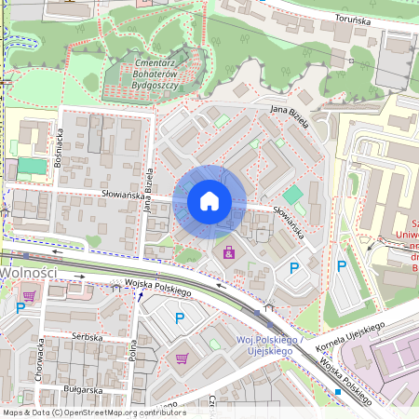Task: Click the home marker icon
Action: (209, 200)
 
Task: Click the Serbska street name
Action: (87, 336)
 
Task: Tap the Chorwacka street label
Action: (40, 358)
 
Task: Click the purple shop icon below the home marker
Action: (229, 252)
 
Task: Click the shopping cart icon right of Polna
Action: (181, 358)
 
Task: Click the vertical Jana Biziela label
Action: (148, 191)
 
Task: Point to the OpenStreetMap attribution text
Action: (93, 412)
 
